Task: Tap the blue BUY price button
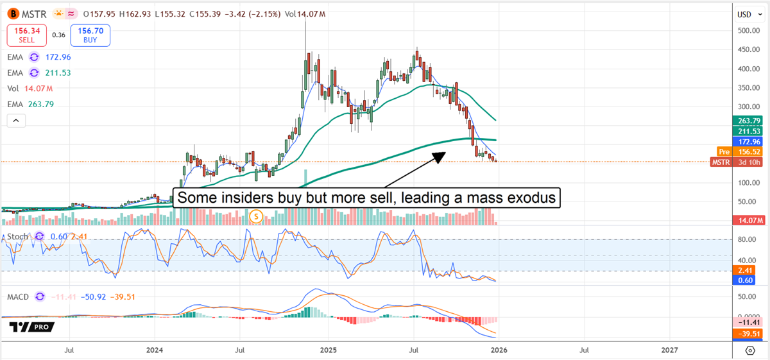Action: pyautogui.click(x=91, y=35)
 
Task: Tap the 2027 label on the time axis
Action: pyautogui.click(x=669, y=350)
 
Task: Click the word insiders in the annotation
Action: pyautogui.click(x=239, y=198)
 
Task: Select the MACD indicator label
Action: pyautogui.click(x=19, y=296)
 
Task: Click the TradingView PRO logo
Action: pyautogui.click(x=32, y=327)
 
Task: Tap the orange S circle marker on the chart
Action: pyautogui.click(x=257, y=216)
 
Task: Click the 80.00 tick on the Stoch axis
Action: pyautogui.click(x=746, y=239)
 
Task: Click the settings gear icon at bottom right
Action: pyautogui.click(x=749, y=350)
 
